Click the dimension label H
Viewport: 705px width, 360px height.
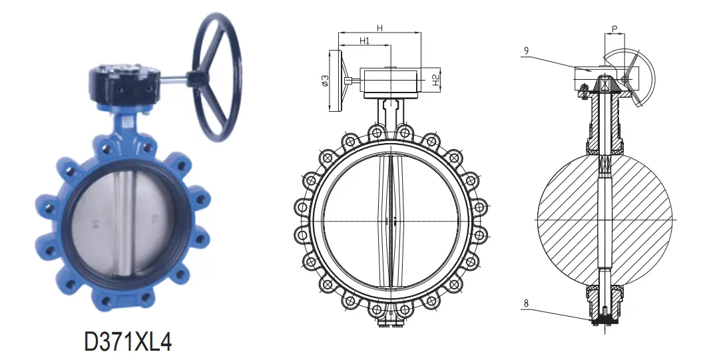click(379, 27)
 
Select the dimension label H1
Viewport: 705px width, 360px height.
click(364, 41)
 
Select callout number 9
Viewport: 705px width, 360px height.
click(525, 50)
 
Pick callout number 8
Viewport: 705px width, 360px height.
click(525, 305)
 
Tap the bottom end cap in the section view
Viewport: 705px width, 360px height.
click(603, 320)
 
